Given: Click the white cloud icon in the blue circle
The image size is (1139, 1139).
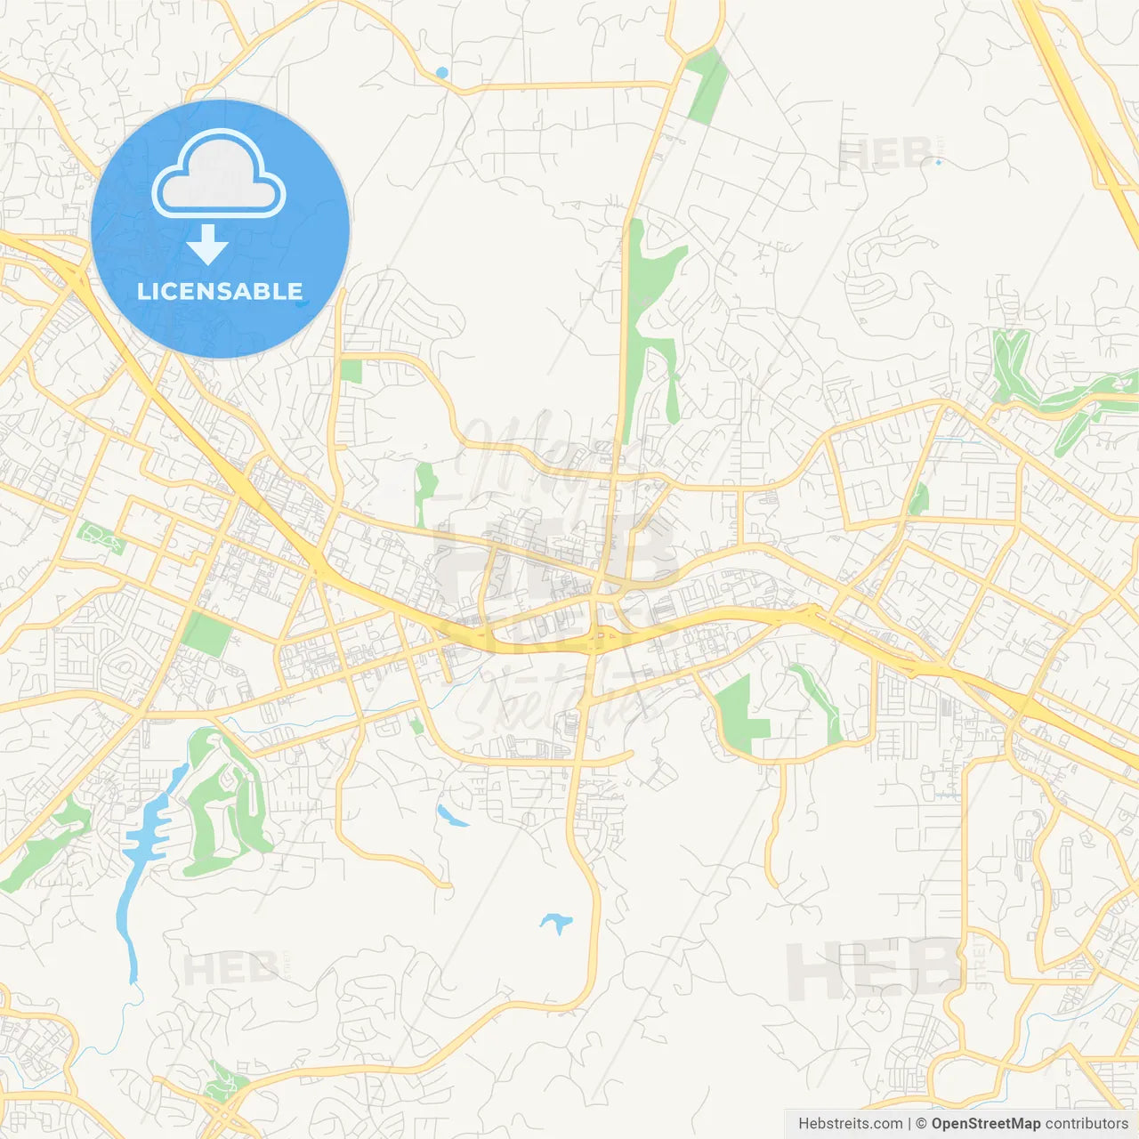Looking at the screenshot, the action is click(219, 174).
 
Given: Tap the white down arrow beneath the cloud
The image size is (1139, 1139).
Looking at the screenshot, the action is click(207, 245).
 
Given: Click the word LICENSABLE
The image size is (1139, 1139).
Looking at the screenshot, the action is click(220, 291).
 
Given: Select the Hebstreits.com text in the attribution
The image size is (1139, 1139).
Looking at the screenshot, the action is click(850, 1124).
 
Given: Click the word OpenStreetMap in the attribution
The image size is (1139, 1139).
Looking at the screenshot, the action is click(985, 1124).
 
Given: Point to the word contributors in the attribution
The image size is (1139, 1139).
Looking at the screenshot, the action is click(1086, 1124).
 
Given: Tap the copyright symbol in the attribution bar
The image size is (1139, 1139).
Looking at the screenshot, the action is click(921, 1124).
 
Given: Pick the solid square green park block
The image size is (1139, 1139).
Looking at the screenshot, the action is click(206, 634).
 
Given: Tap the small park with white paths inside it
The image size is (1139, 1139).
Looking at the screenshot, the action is click(101, 537).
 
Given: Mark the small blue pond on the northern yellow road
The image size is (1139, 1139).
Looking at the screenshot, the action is click(442, 72).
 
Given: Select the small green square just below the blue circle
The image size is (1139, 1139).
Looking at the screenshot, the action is click(351, 371).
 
